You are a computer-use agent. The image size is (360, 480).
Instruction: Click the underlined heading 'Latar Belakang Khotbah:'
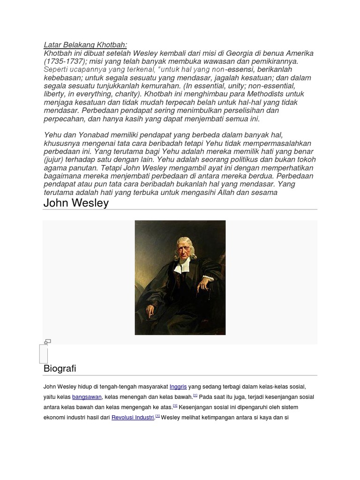tap(85, 45)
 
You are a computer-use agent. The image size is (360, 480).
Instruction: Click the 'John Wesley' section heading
tap(76, 203)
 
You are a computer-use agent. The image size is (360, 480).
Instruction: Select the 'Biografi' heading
tap(60, 368)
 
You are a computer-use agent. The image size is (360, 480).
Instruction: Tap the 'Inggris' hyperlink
tap(178, 387)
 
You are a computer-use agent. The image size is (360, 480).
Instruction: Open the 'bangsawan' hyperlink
tap(87, 397)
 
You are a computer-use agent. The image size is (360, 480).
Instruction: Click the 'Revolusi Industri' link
tap(133, 417)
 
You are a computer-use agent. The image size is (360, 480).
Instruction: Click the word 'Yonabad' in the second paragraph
tap(96, 135)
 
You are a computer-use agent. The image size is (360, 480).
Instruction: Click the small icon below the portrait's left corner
tap(47, 342)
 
